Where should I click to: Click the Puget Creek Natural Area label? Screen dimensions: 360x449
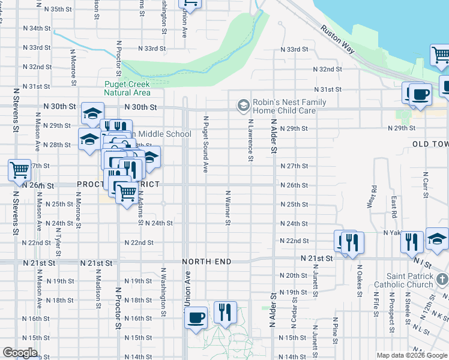click(127, 89)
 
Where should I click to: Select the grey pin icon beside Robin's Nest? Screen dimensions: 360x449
click(243, 106)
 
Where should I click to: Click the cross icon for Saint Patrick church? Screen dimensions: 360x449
click(442, 280)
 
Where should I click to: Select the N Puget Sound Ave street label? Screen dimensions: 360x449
click(205, 145)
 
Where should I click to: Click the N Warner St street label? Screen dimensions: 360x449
click(228, 209)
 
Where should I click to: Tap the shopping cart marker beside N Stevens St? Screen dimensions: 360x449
click(19, 170)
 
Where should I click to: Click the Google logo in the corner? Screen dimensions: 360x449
click(20, 353)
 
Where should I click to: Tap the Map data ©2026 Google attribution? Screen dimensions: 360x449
click(411, 355)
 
